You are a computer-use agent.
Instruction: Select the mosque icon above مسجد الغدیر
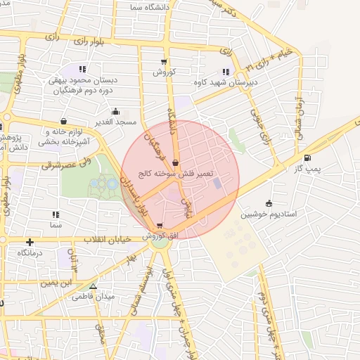click(116, 111)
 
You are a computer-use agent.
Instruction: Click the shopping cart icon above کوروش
click(164, 62)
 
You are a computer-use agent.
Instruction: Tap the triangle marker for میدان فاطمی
click(93, 286)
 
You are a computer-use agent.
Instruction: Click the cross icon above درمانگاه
click(30, 242)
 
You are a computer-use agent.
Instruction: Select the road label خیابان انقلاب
click(107, 240)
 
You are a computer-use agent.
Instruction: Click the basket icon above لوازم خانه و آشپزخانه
click(64, 121)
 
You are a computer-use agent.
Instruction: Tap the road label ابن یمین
click(57, 283)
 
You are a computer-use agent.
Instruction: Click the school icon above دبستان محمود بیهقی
click(83, 69)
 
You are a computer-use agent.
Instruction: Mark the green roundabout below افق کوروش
click(161, 243)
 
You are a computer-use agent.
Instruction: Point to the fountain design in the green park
click(103, 185)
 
